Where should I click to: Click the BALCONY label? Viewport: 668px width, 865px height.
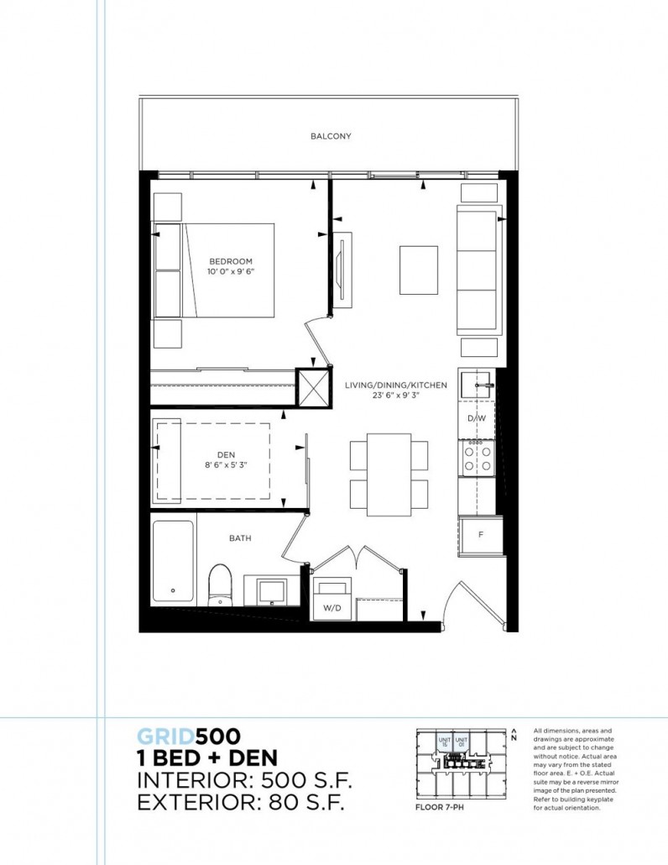pos(330,136)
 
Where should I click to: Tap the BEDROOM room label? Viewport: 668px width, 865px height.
pos(231,261)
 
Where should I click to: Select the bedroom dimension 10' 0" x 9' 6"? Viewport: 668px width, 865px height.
pos(231,272)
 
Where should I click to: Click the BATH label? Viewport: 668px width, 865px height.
pos(240,538)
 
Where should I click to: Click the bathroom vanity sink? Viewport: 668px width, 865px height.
pos(271,590)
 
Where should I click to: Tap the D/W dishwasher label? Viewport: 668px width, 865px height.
pos(476,418)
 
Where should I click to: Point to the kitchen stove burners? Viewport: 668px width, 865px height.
pos(477,457)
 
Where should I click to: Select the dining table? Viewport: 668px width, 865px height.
pos(380,475)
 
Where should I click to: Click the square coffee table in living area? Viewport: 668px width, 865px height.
pos(418,269)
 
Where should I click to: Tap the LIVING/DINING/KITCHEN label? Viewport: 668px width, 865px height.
pos(394,385)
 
